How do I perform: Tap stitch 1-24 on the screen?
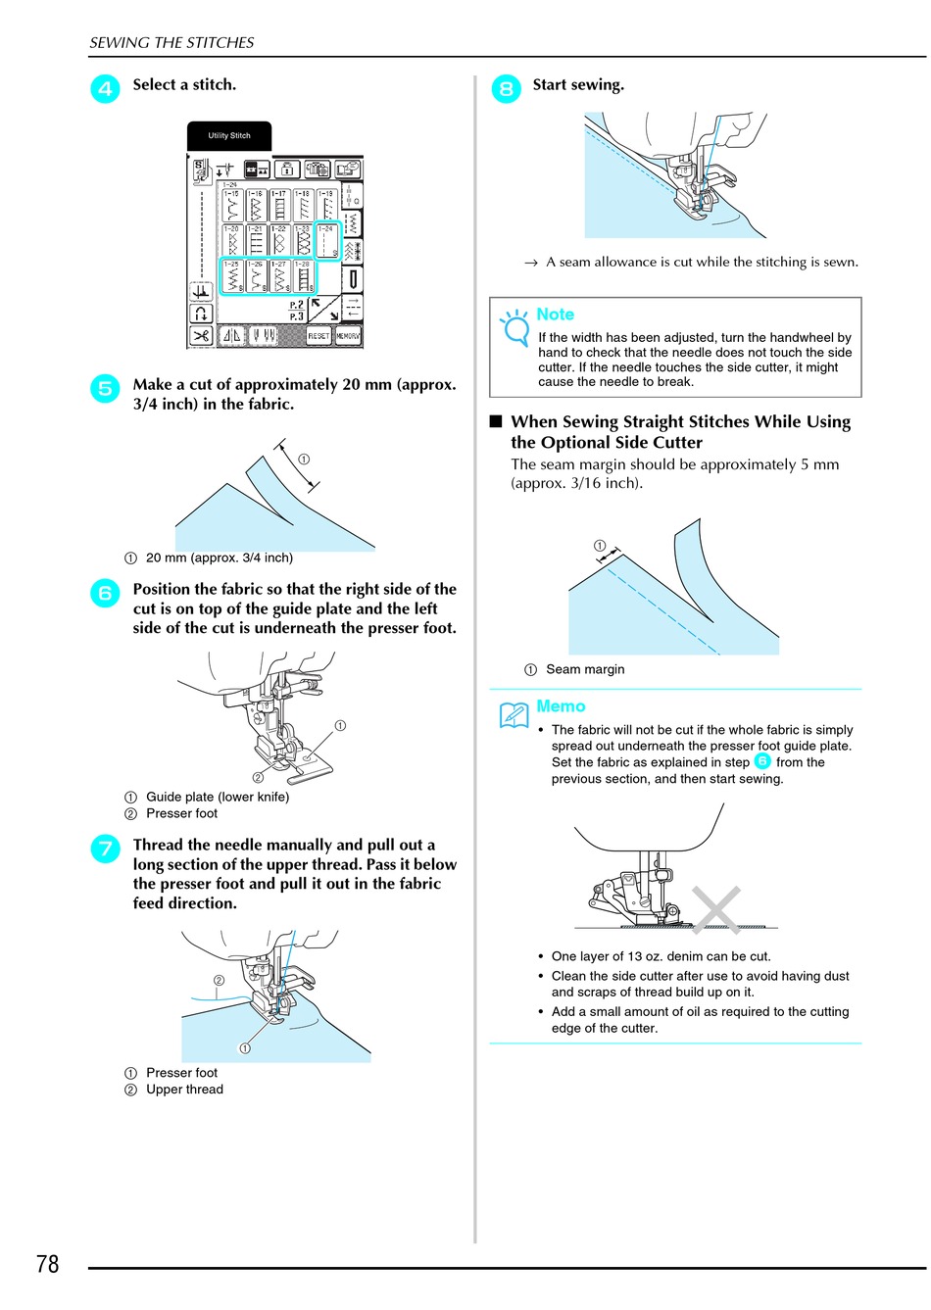pyautogui.click(x=327, y=241)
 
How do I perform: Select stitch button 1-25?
pyautogui.click(x=231, y=276)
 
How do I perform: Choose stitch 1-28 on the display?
pyautogui.click(x=304, y=276)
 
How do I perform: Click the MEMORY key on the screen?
pyautogui.click(x=348, y=335)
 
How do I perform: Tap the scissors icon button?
pyautogui.click(x=201, y=336)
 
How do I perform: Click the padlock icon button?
pyautogui.click(x=287, y=169)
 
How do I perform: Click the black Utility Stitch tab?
pyautogui.click(x=229, y=136)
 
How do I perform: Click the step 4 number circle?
pyautogui.click(x=105, y=89)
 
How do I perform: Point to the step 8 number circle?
pyautogui.click(x=506, y=89)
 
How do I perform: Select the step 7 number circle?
pyautogui.click(x=105, y=849)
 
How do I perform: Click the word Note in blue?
pyautogui.click(x=555, y=315)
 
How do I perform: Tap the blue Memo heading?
pyautogui.click(x=561, y=706)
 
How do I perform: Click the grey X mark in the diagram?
pyautogui.click(x=715, y=909)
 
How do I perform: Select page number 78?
pyautogui.click(x=47, y=1264)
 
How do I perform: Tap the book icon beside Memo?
pyautogui.click(x=514, y=715)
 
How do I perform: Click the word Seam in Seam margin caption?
pyautogui.click(x=563, y=669)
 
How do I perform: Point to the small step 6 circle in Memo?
pyautogui.click(x=762, y=761)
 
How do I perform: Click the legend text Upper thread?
pyautogui.click(x=184, y=1090)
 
